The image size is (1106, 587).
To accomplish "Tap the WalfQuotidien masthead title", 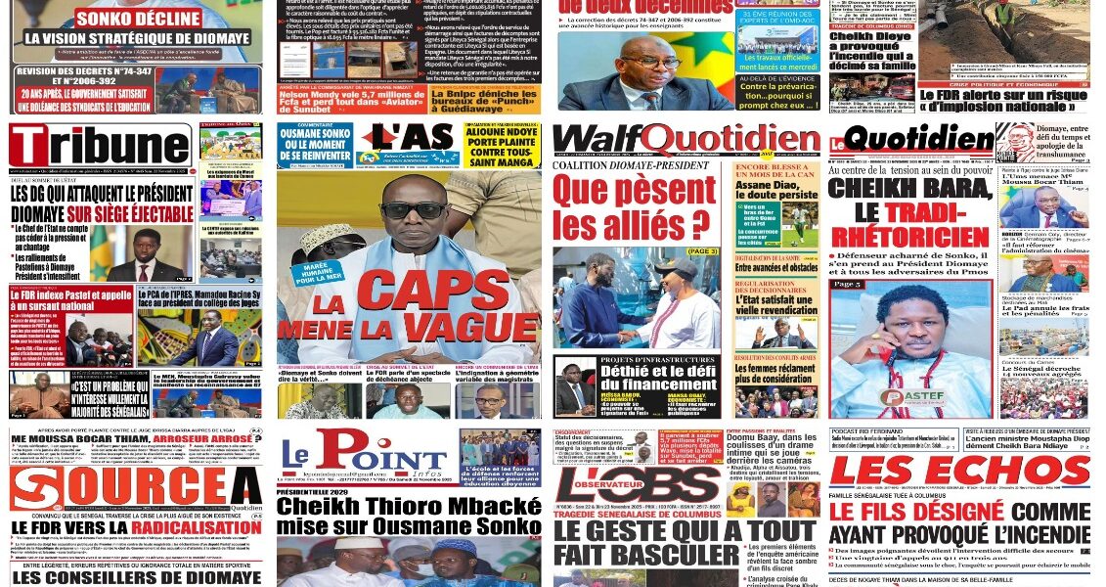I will coord(686,142).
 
